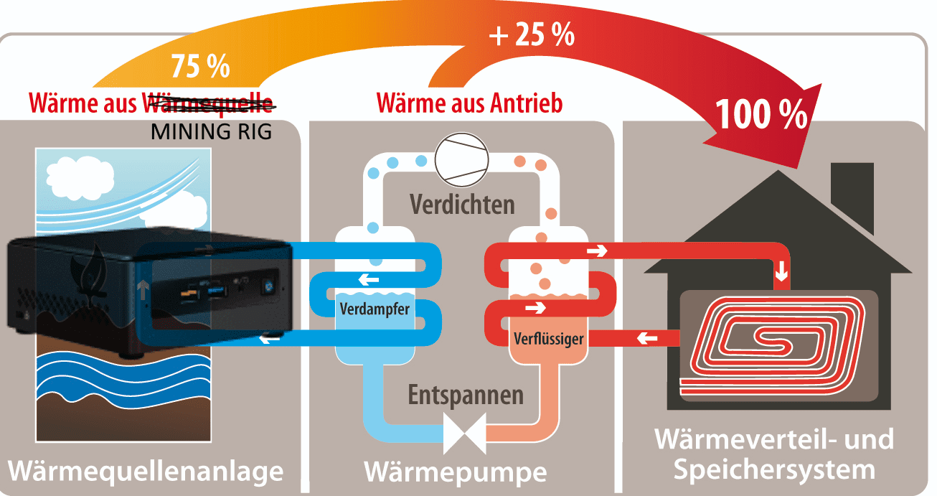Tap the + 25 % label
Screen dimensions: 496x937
532,34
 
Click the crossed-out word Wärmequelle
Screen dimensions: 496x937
210,104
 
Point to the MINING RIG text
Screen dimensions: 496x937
212,132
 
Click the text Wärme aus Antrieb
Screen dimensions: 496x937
469,103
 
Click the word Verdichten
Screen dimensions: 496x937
462,204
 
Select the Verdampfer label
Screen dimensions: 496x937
375,310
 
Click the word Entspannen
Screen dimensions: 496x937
466,395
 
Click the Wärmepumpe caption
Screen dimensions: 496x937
456,472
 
